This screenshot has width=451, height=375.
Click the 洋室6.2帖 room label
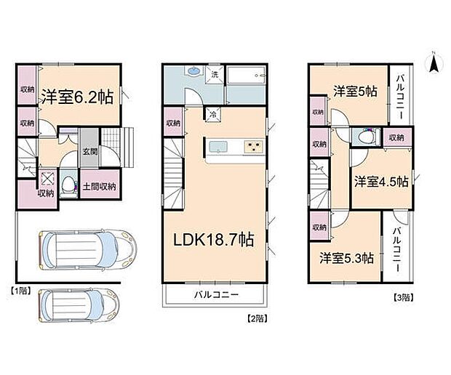click(76, 96)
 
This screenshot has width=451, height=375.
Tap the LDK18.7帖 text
click(212, 240)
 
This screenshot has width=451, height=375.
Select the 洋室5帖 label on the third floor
click(355, 92)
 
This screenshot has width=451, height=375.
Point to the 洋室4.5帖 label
click(381, 180)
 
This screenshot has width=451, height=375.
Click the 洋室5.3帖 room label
click(347, 258)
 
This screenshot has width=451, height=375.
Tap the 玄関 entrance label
click(89, 151)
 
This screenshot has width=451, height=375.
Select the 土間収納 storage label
click(97, 187)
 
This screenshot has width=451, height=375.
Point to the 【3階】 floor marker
click(404, 297)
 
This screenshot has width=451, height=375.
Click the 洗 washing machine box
click(215, 74)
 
